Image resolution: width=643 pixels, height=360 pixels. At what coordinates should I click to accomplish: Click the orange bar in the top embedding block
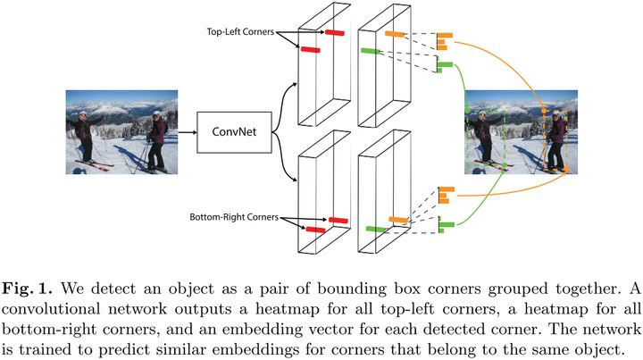394,34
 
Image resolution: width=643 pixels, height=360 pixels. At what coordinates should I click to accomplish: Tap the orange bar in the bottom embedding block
398,219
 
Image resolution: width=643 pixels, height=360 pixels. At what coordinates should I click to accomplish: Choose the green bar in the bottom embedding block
375,229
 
